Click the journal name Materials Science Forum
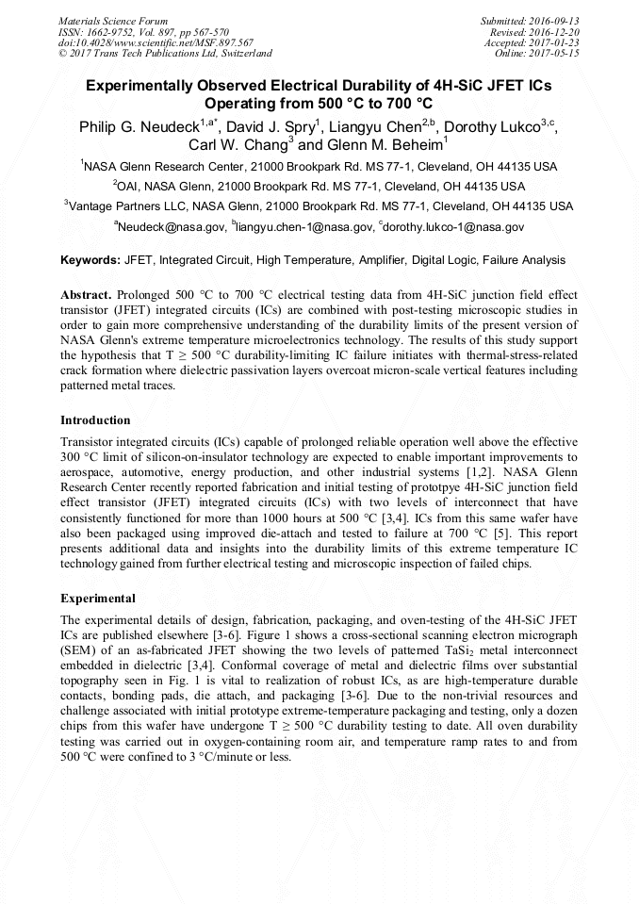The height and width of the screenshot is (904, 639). [x=113, y=20]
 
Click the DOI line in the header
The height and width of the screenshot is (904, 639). [x=156, y=42]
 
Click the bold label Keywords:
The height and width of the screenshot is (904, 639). [x=90, y=260]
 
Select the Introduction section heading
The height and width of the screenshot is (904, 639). [x=95, y=419]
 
